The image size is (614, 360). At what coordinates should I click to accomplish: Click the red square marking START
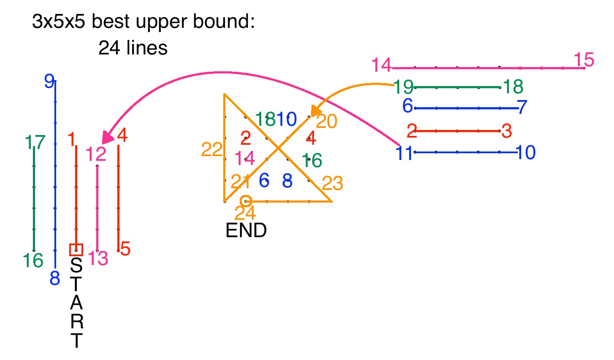[76, 250]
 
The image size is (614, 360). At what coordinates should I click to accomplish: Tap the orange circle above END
[246, 201]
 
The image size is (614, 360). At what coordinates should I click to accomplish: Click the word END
[246, 230]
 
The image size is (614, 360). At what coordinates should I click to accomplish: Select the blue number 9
[49, 81]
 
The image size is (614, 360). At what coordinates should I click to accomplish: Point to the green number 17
[35, 143]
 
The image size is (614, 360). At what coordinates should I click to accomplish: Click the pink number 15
[584, 60]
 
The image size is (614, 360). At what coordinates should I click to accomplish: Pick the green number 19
[403, 87]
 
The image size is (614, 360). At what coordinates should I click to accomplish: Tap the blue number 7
[522, 107]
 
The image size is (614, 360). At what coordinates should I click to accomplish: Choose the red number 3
[507, 131]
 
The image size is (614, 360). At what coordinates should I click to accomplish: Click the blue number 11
[404, 153]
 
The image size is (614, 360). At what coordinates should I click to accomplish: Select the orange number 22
[212, 149]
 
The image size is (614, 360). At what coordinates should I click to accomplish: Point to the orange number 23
[333, 184]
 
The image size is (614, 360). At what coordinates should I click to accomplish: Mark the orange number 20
[327, 122]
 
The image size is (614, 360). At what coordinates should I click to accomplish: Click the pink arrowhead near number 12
[108, 137]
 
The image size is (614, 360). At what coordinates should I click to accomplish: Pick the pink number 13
[98, 258]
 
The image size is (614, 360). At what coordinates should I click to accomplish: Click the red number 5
[125, 249]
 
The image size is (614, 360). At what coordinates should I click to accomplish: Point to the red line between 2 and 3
[458, 131]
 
